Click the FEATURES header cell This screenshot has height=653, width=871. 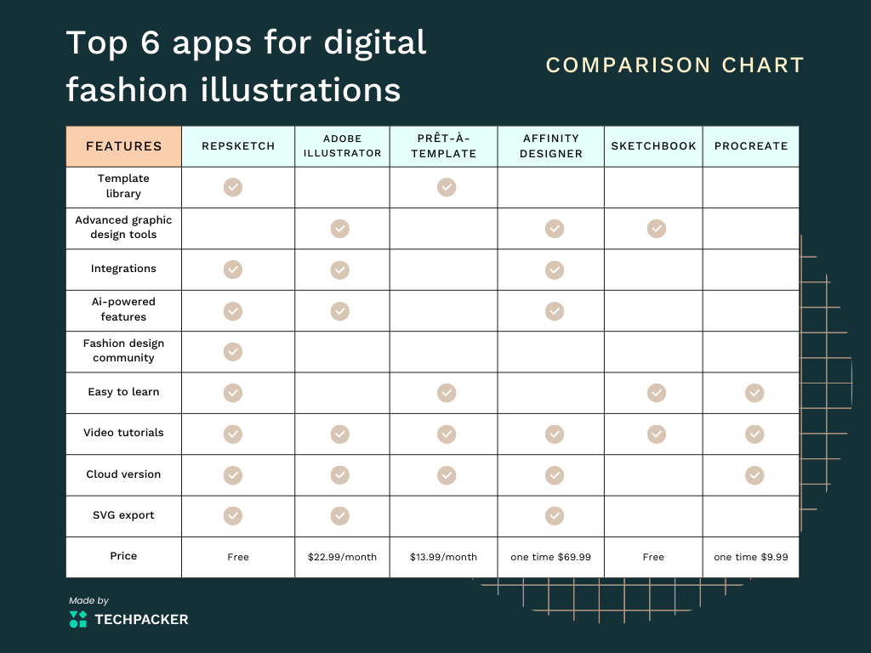tap(123, 146)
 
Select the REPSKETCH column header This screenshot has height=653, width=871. tap(238, 146)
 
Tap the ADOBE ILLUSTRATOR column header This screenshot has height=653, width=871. tap(342, 146)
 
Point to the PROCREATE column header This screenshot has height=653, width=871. tap(751, 146)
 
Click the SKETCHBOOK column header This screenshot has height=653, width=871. tap(654, 146)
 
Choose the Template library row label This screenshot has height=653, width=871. tap(123, 186)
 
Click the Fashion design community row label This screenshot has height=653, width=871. tap(123, 351)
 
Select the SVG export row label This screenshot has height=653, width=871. tap(123, 515)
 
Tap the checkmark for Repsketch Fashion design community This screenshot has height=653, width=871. tap(233, 351)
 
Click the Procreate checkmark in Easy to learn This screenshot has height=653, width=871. tap(754, 393)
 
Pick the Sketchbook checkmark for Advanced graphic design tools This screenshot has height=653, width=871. tap(657, 228)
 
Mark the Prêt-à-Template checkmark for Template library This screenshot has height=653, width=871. tap(447, 187)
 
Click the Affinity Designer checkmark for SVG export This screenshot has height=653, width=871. tap(555, 516)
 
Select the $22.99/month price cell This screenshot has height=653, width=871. tap(342, 557)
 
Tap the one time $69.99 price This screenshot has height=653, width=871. tap(550, 557)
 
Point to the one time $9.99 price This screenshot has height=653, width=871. tap(751, 557)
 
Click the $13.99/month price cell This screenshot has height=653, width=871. tap(443, 557)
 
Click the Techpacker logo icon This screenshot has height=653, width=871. tap(78, 619)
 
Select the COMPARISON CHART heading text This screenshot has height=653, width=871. tap(675, 65)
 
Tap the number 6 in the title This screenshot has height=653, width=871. tap(150, 43)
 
